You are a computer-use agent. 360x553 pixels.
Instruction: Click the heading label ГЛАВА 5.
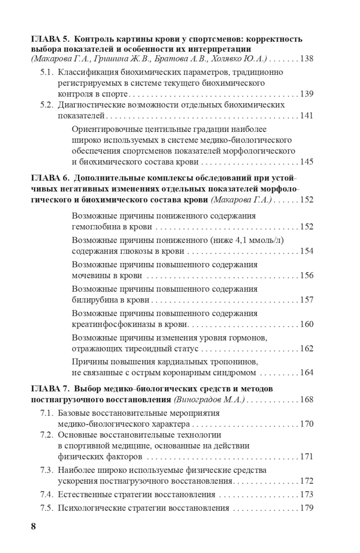tap(50, 39)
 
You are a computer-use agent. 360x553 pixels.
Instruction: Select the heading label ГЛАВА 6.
tap(50, 178)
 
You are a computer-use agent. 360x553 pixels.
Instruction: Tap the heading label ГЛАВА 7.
tap(50, 389)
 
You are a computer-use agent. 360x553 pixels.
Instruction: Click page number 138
tap(306, 59)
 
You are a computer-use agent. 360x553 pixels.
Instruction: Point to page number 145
tap(306, 162)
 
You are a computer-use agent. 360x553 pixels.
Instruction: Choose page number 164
tap(306, 373)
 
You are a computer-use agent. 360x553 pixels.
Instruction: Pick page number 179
tap(306, 508)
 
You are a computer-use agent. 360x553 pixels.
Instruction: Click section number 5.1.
tap(47, 72)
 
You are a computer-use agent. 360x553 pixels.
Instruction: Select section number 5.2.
tap(47, 105)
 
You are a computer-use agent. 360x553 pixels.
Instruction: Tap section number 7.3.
tap(47, 470)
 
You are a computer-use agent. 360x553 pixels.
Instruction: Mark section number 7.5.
tap(47, 508)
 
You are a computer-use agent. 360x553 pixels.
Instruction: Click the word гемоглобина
tap(94, 227)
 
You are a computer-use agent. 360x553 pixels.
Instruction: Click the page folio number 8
tap(33, 526)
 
